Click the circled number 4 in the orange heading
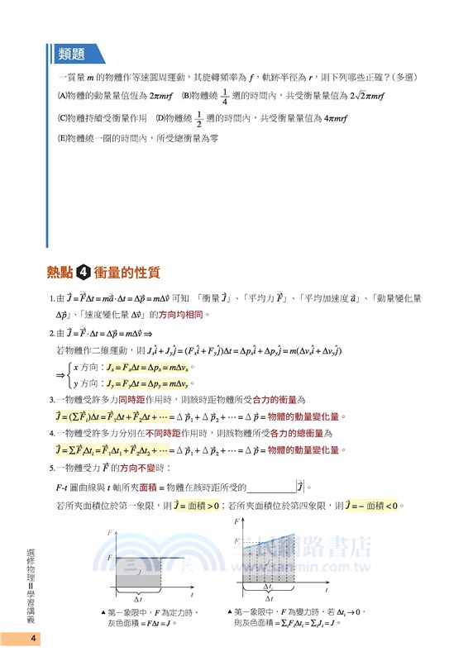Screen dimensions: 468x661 pos(84,273)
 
